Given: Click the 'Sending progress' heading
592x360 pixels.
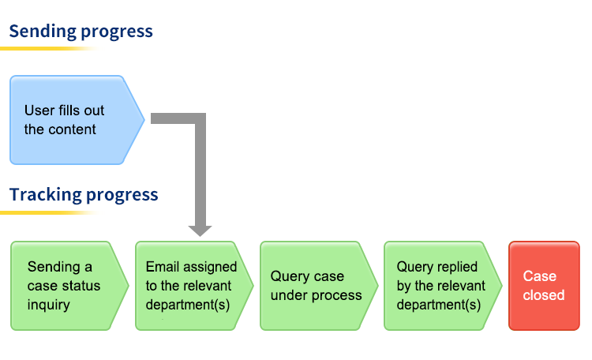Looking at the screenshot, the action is click(x=81, y=32).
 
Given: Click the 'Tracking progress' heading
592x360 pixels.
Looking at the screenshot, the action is click(x=84, y=195).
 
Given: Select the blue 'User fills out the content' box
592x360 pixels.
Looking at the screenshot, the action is click(x=77, y=120).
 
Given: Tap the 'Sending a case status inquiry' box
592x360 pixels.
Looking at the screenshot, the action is click(x=69, y=286).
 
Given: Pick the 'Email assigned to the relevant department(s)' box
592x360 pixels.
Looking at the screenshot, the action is click(x=194, y=286).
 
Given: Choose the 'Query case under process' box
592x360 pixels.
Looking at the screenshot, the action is click(x=319, y=286).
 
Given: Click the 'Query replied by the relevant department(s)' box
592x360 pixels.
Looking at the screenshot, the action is click(x=443, y=286).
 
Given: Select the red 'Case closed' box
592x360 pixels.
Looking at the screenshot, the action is click(x=544, y=286).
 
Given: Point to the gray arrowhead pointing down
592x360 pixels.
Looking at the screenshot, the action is click(x=200, y=231).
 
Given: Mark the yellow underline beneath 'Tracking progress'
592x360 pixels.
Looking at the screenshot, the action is click(x=49, y=212).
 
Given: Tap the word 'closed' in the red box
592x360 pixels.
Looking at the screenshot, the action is click(x=544, y=295).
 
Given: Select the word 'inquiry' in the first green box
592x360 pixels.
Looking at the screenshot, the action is click(x=49, y=306).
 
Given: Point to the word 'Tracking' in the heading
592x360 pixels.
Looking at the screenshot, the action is click(x=46, y=194).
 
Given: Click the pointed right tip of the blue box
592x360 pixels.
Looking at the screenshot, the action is click(x=144, y=120).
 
